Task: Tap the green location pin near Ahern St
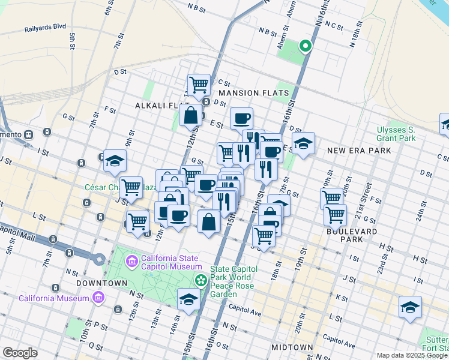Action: (x=305, y=46)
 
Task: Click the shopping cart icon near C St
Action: (x=199, y=85)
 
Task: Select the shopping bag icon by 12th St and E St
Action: (x=190, y=115)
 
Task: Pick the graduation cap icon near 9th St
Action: (x=115, y=161)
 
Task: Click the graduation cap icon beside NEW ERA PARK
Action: (x=303, y=143)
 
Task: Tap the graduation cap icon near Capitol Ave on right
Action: (x=410, y=307)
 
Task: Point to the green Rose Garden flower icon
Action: (x=201, y=280)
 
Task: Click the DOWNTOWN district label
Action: (x=102, y=283)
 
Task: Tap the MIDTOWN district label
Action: (x=292, y=347)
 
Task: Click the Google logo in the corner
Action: (x=20, y=353)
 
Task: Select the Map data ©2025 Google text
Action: (x=412, y=355)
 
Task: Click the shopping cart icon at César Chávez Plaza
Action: (x=131, y=187)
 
